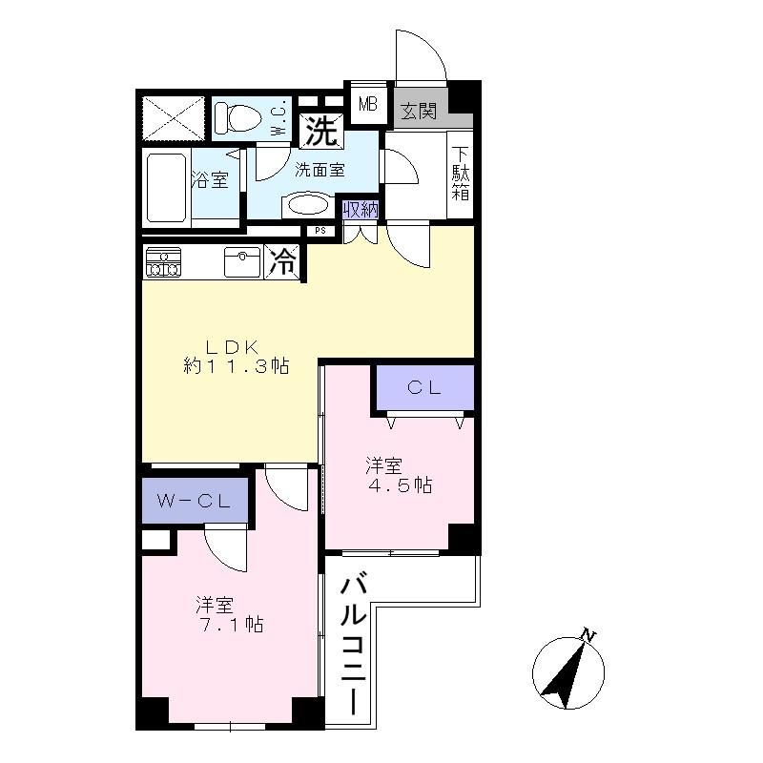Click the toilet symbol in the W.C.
pos(237,118)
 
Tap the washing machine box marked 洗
pos(322,132)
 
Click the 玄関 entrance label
pos(418,112)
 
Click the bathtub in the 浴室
pos(166,187)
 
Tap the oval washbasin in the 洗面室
pos(307,205)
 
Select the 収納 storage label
pos(360,210)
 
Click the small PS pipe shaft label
pos(319,230)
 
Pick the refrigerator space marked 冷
pos(283,262)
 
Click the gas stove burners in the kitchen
pos(163,262)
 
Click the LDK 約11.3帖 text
pos(236,355)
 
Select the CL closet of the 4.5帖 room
pos(423,387)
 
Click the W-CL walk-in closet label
pos(196,501)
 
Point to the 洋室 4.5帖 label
pos(398,475)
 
